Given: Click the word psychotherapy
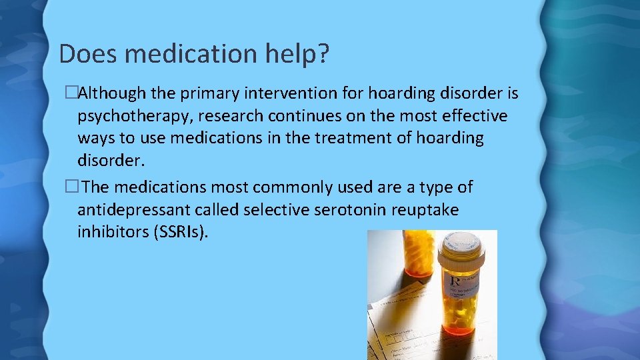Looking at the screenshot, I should point(133,116).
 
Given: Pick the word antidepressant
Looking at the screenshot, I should point(133,210).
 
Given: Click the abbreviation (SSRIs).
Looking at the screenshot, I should point(185,233).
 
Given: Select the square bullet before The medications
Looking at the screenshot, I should point(70,188).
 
